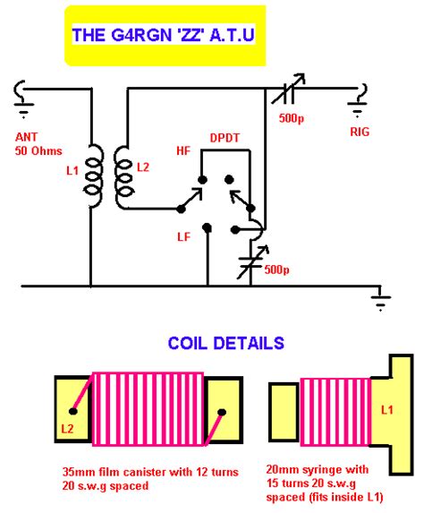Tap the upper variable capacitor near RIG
point(288,90)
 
